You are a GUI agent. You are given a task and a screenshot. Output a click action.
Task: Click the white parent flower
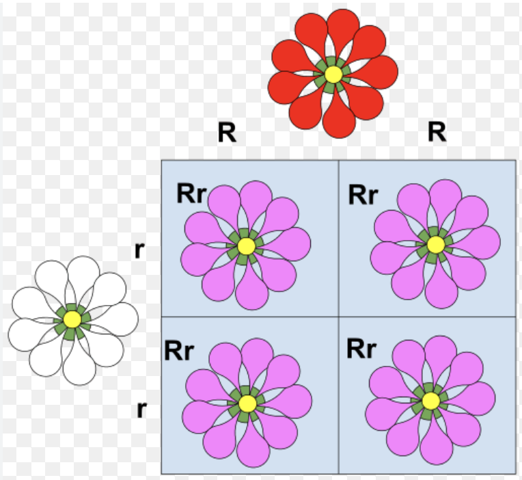[72, 319]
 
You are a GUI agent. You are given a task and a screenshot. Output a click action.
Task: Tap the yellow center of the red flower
[333, 74]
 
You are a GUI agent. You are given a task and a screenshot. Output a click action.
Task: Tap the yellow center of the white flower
[72, 319]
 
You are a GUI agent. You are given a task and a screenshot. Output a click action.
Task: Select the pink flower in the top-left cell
[246, 245]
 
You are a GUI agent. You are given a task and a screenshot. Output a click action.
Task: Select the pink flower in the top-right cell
[435, 243]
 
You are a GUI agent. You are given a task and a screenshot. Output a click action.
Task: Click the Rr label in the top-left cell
[191, 194]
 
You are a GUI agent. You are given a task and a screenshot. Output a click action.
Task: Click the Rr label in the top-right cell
[363, 194]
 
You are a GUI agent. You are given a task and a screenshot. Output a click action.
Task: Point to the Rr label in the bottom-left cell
[179, 351]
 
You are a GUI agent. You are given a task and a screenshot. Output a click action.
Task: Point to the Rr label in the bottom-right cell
[362, 349]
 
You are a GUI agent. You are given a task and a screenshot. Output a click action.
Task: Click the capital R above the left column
[227, 133]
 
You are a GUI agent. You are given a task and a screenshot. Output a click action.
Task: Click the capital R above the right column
[437, 132]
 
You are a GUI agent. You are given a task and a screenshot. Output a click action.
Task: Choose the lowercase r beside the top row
[139, 250]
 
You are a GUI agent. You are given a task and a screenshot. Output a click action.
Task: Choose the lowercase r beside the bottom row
[141, 409]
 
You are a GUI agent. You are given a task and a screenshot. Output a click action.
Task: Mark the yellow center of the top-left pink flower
[246, 245]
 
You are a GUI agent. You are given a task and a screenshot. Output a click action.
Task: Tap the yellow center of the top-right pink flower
[435, 244]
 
